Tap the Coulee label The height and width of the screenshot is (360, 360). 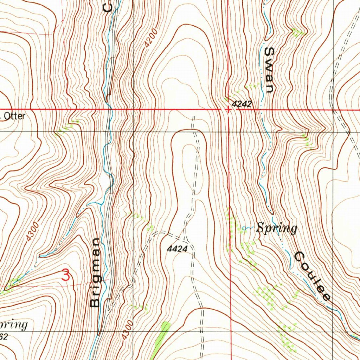tap(311, 276)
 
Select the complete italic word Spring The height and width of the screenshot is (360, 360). tap(277, 229)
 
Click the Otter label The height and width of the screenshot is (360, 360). tap(14, 116)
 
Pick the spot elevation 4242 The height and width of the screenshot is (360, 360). tap(242, 104)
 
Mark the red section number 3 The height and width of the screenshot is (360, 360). tap(66, 275)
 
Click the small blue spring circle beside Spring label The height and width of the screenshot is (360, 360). tap(244, 229)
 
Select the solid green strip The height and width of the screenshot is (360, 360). tap(160, 339)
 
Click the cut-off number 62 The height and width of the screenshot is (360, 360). tap(4, 337)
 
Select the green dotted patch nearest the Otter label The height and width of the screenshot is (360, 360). tap(65, 129)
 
